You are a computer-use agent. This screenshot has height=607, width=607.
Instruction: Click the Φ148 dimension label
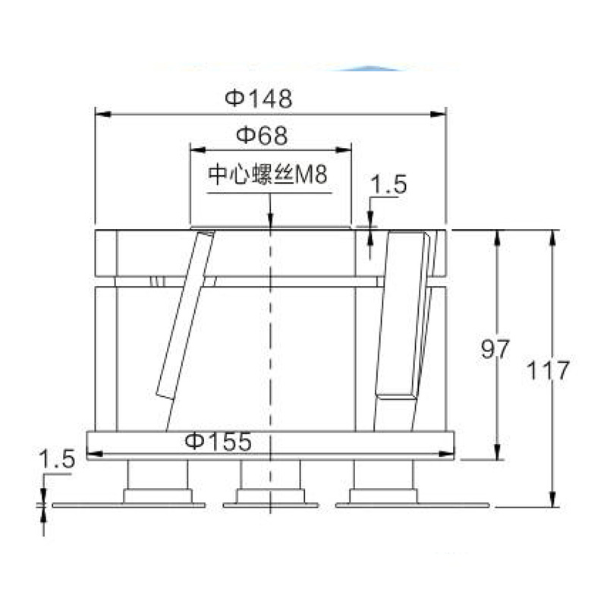click(259, 99)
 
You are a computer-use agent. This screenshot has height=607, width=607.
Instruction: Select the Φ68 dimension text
click(262, 136)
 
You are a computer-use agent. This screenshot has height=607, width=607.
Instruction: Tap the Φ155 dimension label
click(219, 441)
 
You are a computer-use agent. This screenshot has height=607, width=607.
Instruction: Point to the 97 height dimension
click(495, 349)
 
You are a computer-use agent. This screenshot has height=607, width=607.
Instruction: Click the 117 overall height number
click(549, 370)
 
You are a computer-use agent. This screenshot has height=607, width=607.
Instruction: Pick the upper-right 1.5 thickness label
click(388, 184)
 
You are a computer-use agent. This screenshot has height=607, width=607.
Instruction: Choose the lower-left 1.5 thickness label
click(57, 460)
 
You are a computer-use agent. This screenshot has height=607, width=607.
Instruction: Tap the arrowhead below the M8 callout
click(270, 220)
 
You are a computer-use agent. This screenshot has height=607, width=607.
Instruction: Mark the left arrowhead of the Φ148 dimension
click(103, 115)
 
